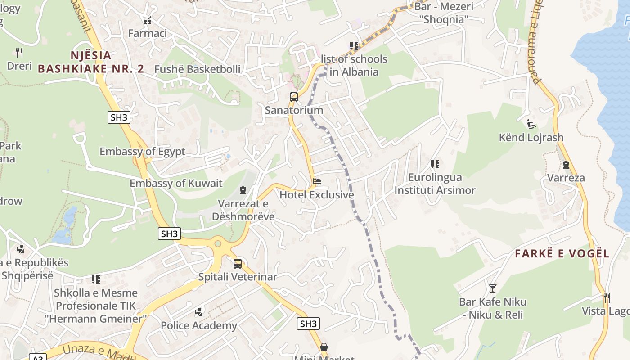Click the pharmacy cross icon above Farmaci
click(x=147, y=21)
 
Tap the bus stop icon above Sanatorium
click(x=294, y=97)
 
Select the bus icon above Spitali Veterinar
click(x=238, y=264)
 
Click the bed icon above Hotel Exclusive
click(x=317, y=182)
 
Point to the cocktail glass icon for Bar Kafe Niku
click(x=493, y=288)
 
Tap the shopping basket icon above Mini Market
click(x=324, y=347)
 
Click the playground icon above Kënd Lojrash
click(x=531, y=124)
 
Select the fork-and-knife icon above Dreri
click(x=19, y=53)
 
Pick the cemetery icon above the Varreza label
click(x=566, y=165)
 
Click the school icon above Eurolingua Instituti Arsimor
click(x=435, y=164)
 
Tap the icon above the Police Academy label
click(x=198, y=312)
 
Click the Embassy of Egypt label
click(x=142, y=152)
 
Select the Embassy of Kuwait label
click(x=176, y=184)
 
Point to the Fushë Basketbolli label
click(x=197, y=69)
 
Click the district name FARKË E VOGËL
click(x=562, y=254)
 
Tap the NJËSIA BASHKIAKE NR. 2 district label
click(x=91, y=62)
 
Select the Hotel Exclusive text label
click(x=317, y=195)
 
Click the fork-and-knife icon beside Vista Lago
click(x=607, y=297)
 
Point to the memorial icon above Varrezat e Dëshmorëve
click(x=243, y=191)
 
